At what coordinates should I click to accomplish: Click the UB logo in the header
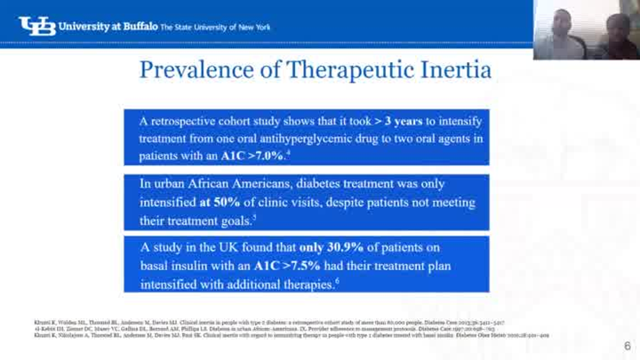coord(35,26)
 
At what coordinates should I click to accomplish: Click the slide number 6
coord(627,346)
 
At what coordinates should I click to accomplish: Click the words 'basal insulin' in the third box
coord(173,265)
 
